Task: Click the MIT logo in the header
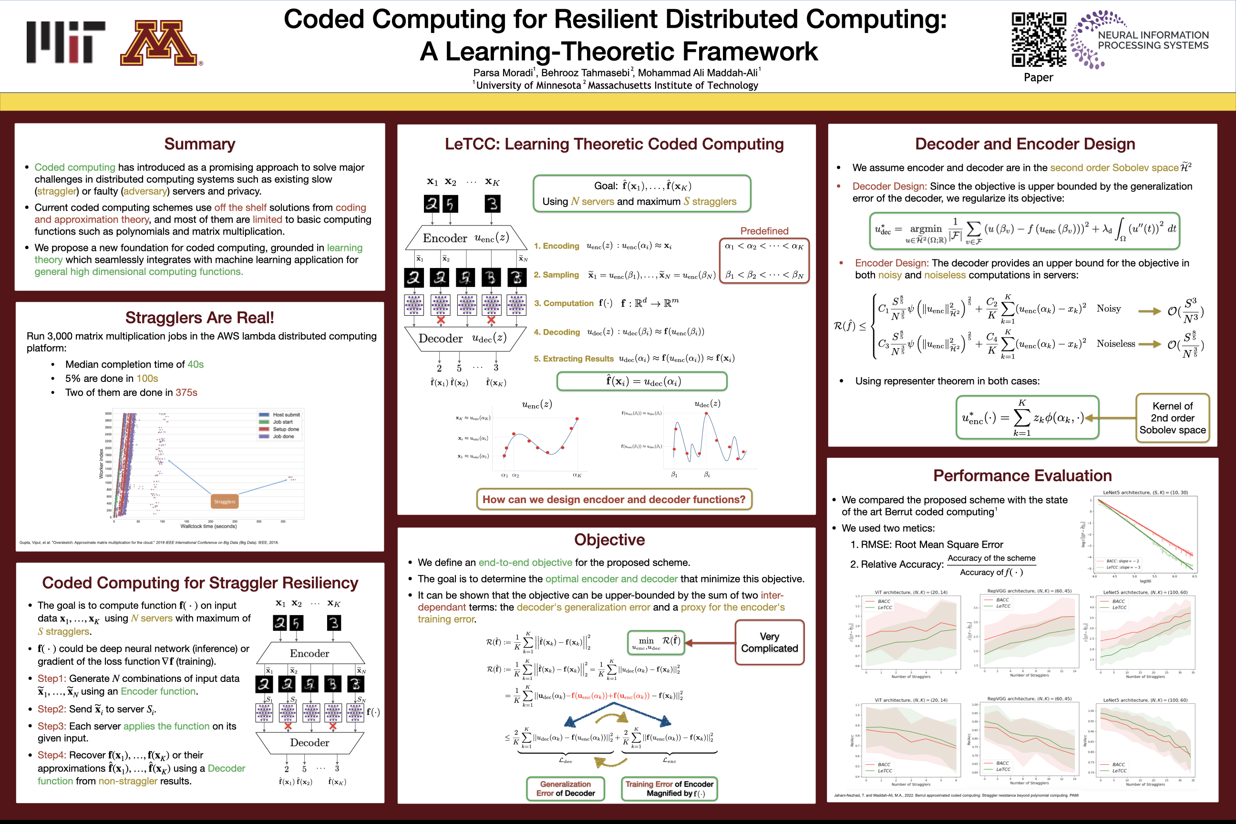point(66,42)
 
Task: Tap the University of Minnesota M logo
point(159,43)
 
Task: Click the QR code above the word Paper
point(1039,40)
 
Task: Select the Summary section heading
point(200,144)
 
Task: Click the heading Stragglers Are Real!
point(200,318)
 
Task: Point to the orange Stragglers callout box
point(225,501)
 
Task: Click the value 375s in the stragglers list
point(186,392)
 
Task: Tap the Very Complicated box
point(769,642)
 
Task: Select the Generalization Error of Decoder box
point(566,788)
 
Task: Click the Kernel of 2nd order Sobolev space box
point(1172,418)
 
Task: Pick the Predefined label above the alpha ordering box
point(764,231)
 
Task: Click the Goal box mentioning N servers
point(642,194)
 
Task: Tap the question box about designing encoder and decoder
point(614,499)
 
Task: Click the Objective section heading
point(609,540)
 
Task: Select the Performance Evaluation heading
point(1022,475)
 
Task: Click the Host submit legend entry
point(285,415)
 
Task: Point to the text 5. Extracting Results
point(573,359)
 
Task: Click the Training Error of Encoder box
point(669,788)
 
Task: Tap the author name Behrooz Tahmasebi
point(585,72)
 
